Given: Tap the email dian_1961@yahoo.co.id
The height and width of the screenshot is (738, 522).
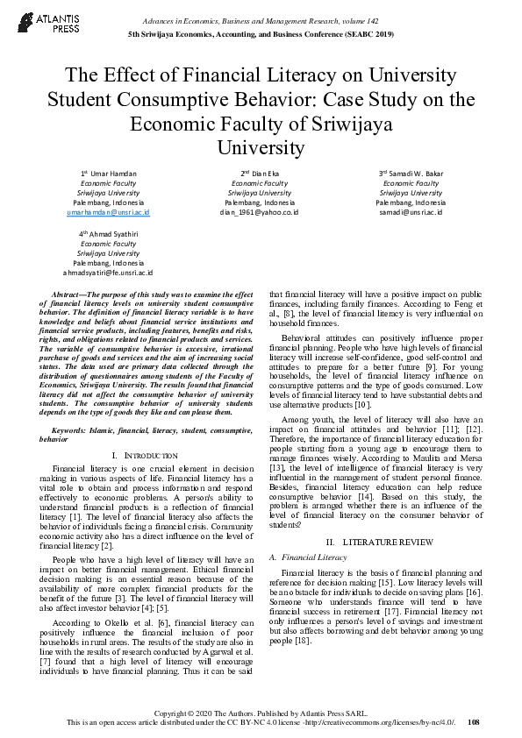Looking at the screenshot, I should point(260,212).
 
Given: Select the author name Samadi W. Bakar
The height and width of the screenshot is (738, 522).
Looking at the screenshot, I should point(411,174).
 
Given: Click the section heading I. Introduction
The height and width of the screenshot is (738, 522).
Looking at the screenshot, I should point(146,456).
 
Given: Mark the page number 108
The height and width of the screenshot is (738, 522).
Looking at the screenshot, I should point(474,722).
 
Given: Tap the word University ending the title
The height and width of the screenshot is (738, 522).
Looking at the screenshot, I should point(260,146).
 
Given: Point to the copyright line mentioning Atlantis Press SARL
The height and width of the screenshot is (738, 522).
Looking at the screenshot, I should point(260,713).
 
